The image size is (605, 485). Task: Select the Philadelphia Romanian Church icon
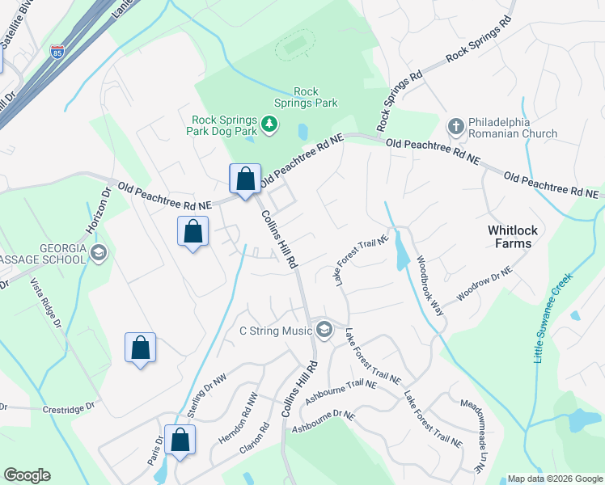(455, 126)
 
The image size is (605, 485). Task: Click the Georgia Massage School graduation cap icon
(99, 252)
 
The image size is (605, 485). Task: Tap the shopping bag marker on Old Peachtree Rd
(245, 179)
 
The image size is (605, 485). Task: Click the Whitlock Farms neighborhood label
(510, 236)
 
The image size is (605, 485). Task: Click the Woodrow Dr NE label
(485, 285)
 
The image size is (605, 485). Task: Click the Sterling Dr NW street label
(205, 396)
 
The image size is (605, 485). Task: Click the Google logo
(27, 475)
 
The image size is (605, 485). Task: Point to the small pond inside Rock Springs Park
(302, 131)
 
